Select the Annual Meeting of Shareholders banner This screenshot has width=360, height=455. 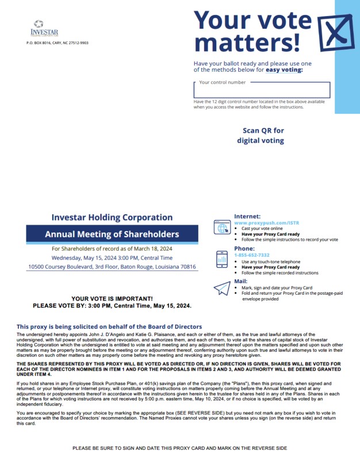112,234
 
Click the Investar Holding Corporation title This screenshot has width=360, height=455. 112,217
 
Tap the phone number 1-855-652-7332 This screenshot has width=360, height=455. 251,255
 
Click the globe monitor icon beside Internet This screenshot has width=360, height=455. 221,227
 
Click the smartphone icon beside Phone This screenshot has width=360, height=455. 221,259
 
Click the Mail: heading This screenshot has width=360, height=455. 242,282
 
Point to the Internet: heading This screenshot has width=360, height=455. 247,217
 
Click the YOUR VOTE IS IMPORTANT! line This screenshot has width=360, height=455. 112,299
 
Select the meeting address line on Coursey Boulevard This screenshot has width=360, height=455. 112,267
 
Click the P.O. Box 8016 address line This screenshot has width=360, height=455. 58,43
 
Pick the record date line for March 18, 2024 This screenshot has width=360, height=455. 112,249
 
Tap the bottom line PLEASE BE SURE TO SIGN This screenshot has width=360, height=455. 179,448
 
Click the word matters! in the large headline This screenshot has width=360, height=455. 247,43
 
